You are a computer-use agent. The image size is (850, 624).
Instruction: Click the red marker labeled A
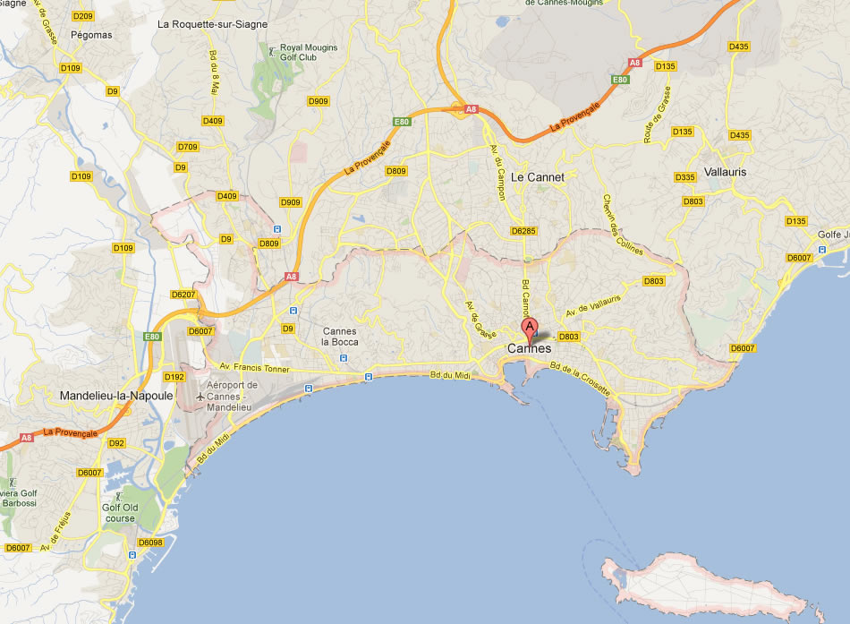tap(529, 328)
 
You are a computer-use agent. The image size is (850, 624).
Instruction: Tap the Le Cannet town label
tap(538, 177)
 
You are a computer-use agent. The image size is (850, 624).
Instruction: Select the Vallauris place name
tap(725, 172)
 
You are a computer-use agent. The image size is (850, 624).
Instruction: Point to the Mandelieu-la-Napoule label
tap(116, 395)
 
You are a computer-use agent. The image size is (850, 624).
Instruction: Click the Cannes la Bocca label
tap(339, 338)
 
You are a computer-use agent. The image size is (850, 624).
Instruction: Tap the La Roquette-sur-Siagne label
tap(212, 24)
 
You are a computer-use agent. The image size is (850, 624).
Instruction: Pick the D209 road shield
tap(83, 16)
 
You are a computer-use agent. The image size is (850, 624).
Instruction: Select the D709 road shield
tap(188, 147)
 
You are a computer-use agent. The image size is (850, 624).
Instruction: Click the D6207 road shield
tap(182, 294)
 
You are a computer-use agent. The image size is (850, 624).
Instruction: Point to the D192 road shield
tap(174, 377)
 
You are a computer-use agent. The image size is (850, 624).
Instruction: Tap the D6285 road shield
tap(523, 231)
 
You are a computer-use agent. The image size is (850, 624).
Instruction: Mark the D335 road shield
tap(685, 177)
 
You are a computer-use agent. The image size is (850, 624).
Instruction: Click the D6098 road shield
tap(150, 543)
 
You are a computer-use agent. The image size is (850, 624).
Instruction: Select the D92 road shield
tap(116, 443)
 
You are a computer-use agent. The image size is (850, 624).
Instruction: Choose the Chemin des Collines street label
tap(623, 226)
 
